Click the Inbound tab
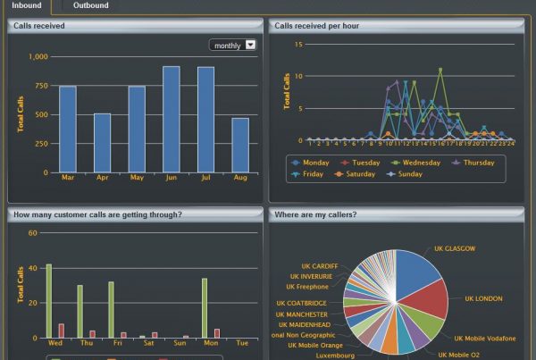(26, 6)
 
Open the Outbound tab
(91, 6)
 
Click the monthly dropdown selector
(233, 45)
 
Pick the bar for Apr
(103, 143)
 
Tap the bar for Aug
(240, 145)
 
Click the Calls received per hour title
(317, 26)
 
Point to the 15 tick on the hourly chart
(299, 44)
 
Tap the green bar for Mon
(204, 308)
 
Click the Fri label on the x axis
(116, 343)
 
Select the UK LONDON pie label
(483, 298)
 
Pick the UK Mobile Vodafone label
(484, 339)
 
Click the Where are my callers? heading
(315, 214)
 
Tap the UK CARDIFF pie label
(319, 266)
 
